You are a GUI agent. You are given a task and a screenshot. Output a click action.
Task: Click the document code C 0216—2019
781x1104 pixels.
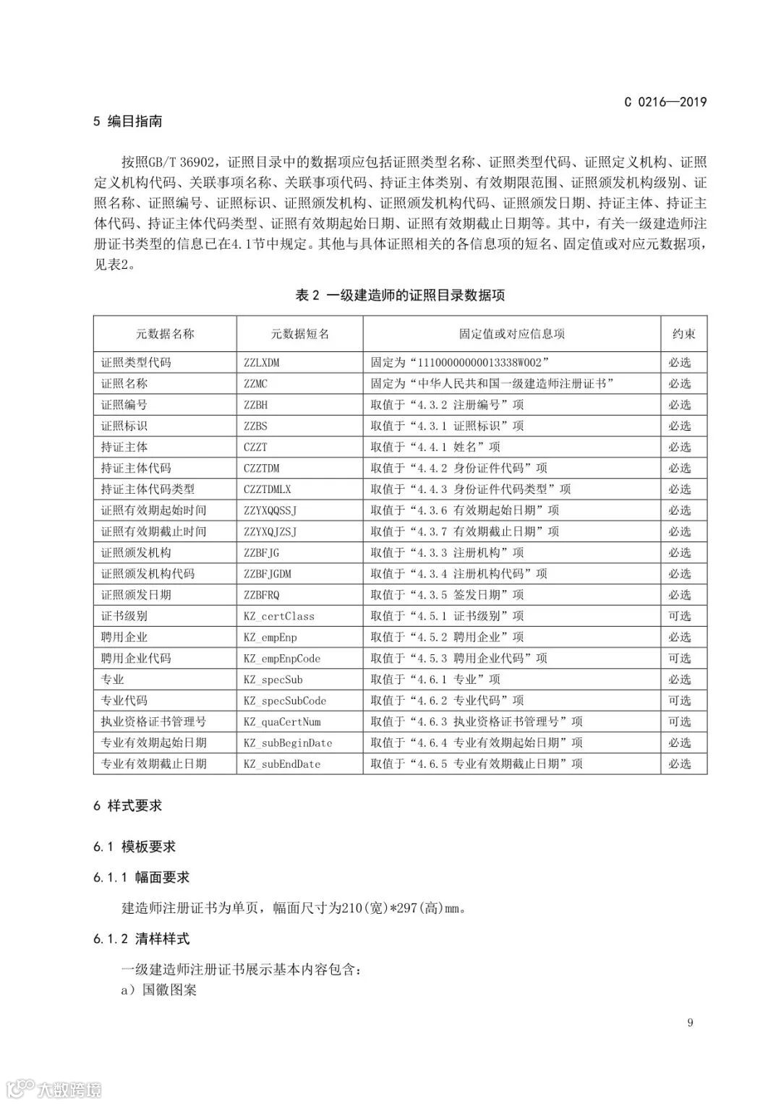665,102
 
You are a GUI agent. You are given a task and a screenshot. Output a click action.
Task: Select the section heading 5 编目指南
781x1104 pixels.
127,121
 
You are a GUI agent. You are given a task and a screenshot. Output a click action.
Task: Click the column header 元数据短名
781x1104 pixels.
299,334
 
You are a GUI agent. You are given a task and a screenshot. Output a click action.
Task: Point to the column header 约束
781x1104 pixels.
683,334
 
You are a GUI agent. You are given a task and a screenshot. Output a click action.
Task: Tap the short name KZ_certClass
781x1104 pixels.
278,617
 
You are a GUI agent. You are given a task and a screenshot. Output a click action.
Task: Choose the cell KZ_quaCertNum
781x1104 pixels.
281,722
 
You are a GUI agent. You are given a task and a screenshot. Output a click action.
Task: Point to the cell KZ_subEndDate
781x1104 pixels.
281,764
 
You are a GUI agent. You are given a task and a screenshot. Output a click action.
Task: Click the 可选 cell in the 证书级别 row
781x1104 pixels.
680,617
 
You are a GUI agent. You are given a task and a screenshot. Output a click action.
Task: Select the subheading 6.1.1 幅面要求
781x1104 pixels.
141,878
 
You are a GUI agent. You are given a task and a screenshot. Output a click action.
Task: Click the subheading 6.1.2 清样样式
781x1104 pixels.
141,939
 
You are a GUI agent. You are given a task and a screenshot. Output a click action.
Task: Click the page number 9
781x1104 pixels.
690,1022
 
